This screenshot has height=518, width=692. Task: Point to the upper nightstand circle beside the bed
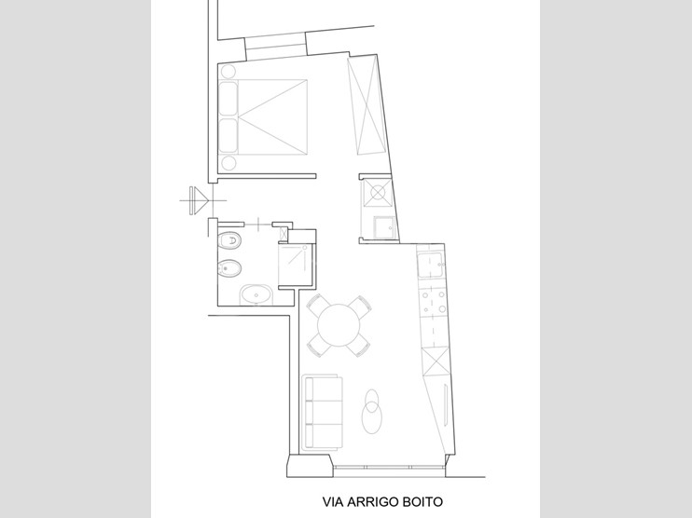tap(228, 70)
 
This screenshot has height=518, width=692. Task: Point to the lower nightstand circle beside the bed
tap(228, 163)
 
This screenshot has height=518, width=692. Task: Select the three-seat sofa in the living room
tap(322, 410)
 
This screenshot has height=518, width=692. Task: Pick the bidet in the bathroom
tap(230, 271)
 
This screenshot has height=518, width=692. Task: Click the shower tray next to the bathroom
tap(297, 263)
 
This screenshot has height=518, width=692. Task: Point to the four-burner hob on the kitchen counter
tap(434, 303)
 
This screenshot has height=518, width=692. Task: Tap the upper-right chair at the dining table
tap(363, 305)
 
